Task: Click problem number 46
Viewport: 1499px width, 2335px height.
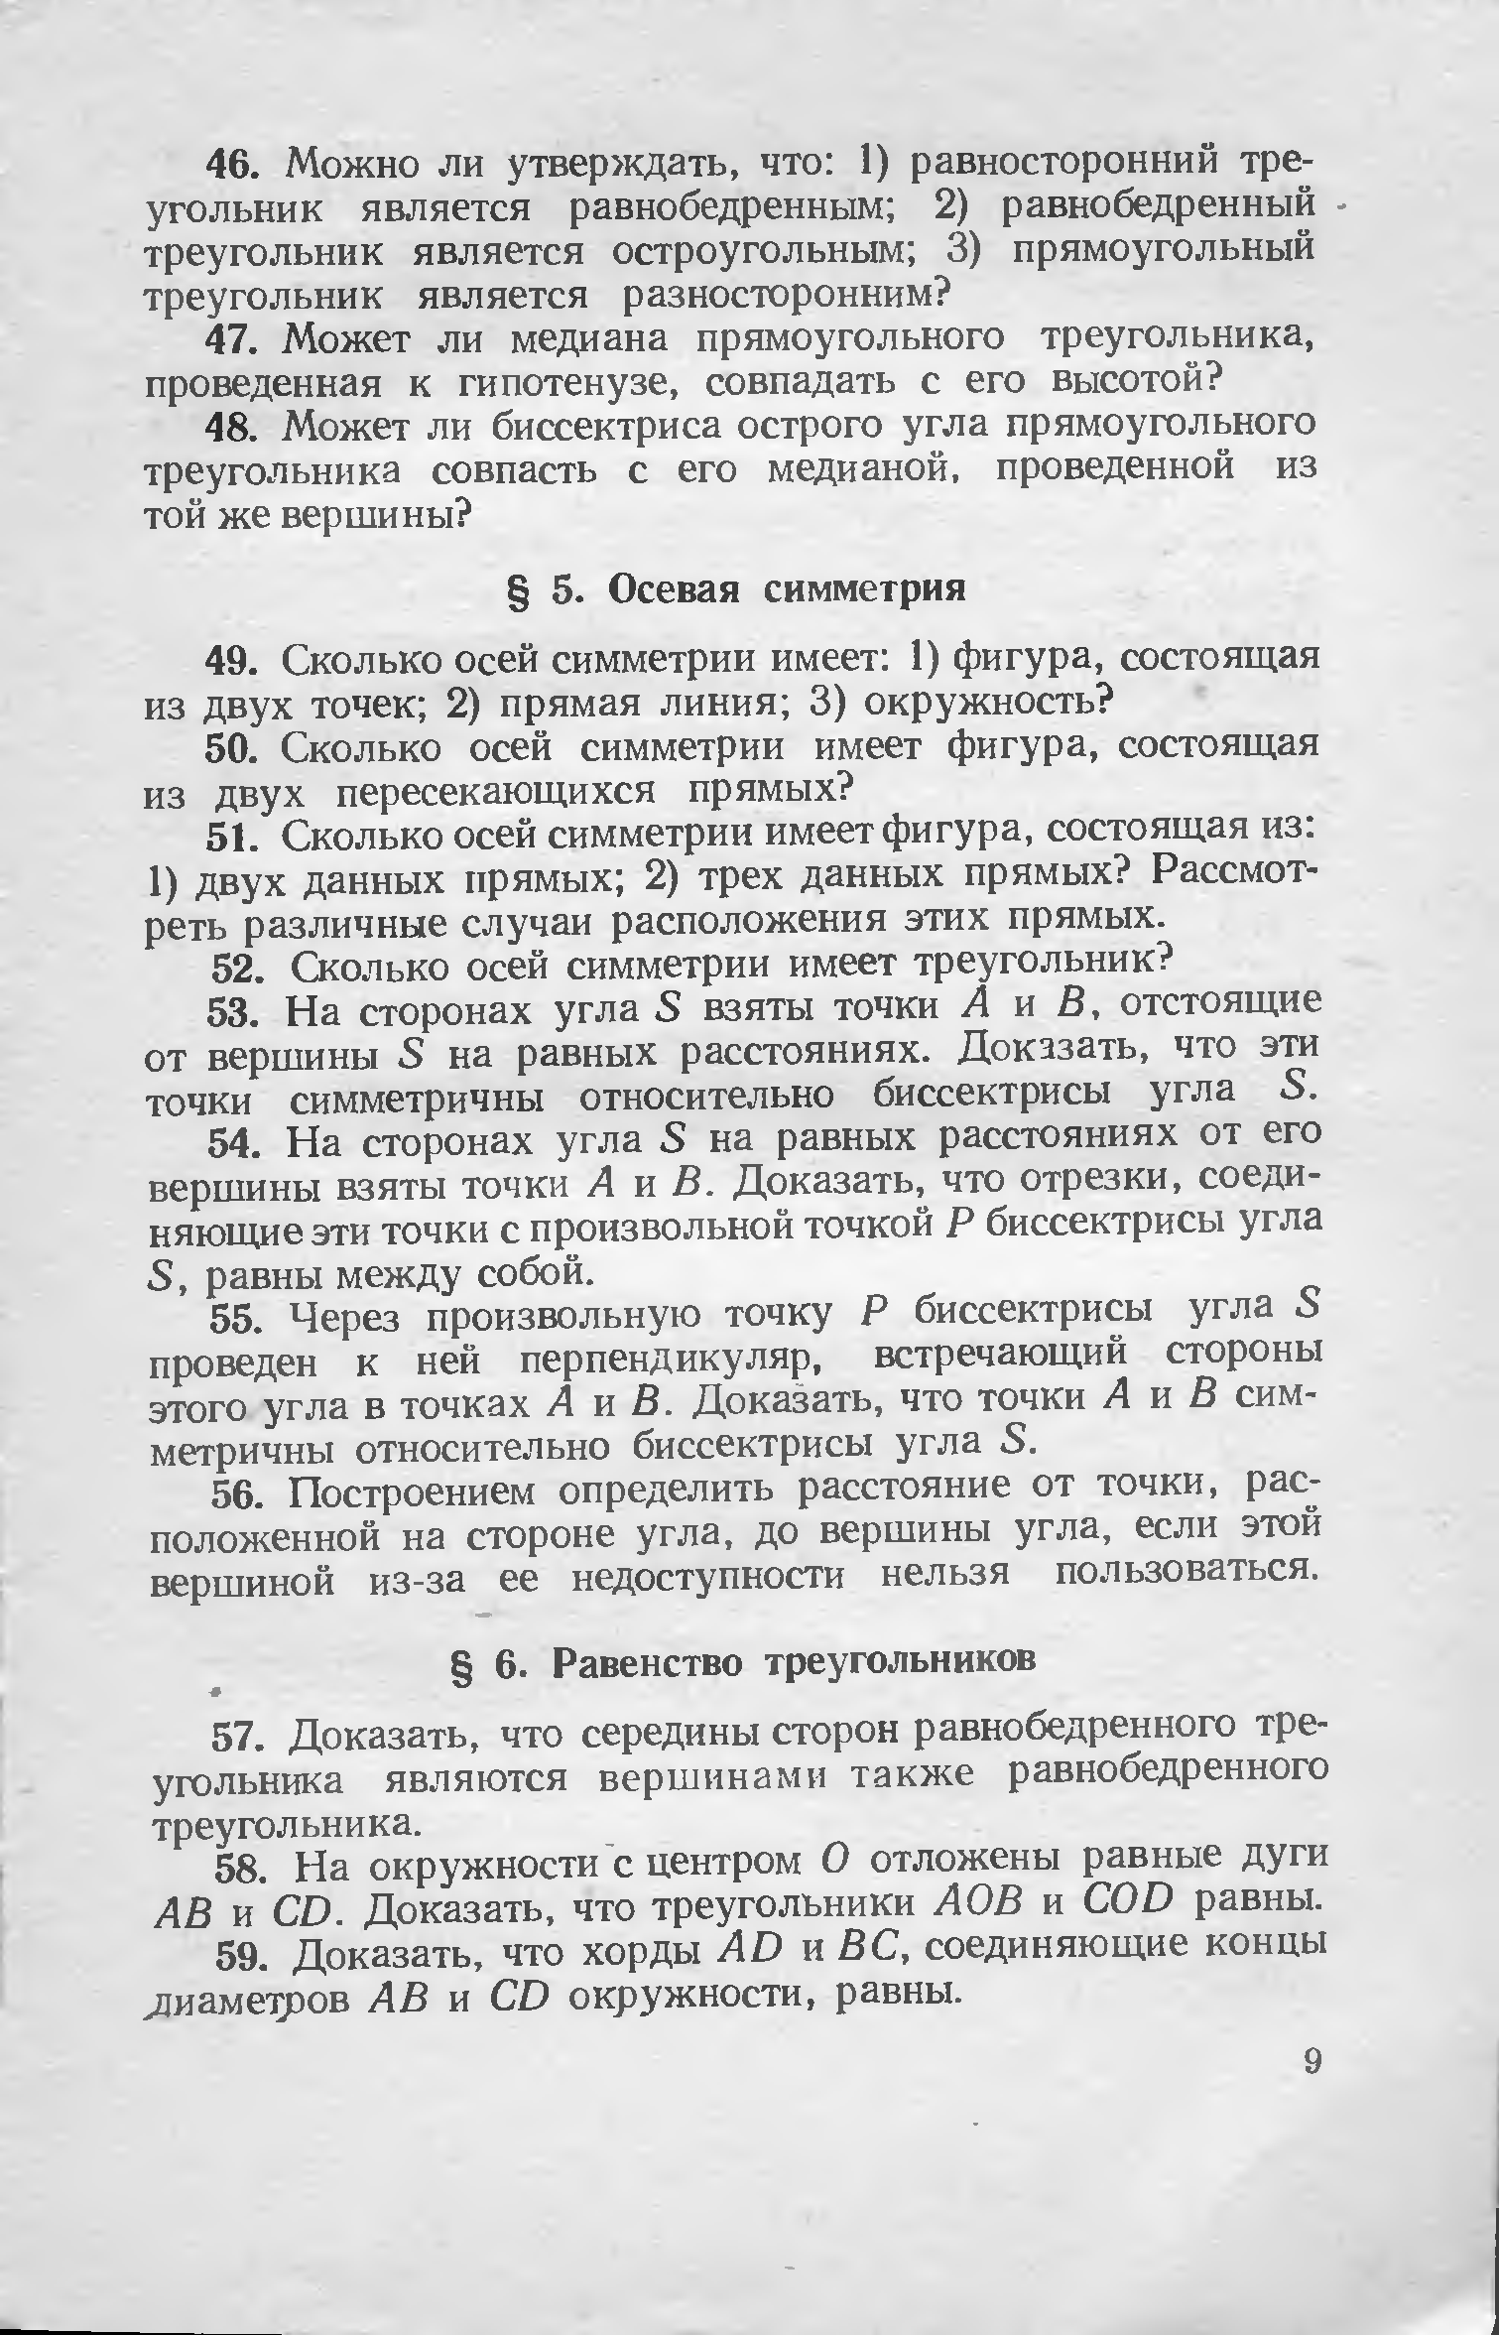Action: coord(232,162)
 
